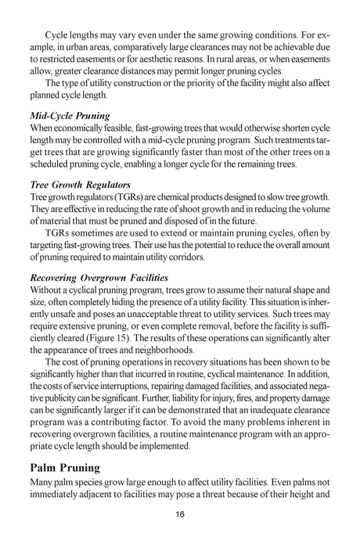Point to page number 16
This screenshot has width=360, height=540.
click(x=180, y=513)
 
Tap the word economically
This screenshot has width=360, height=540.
click(x=83, y=128)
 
